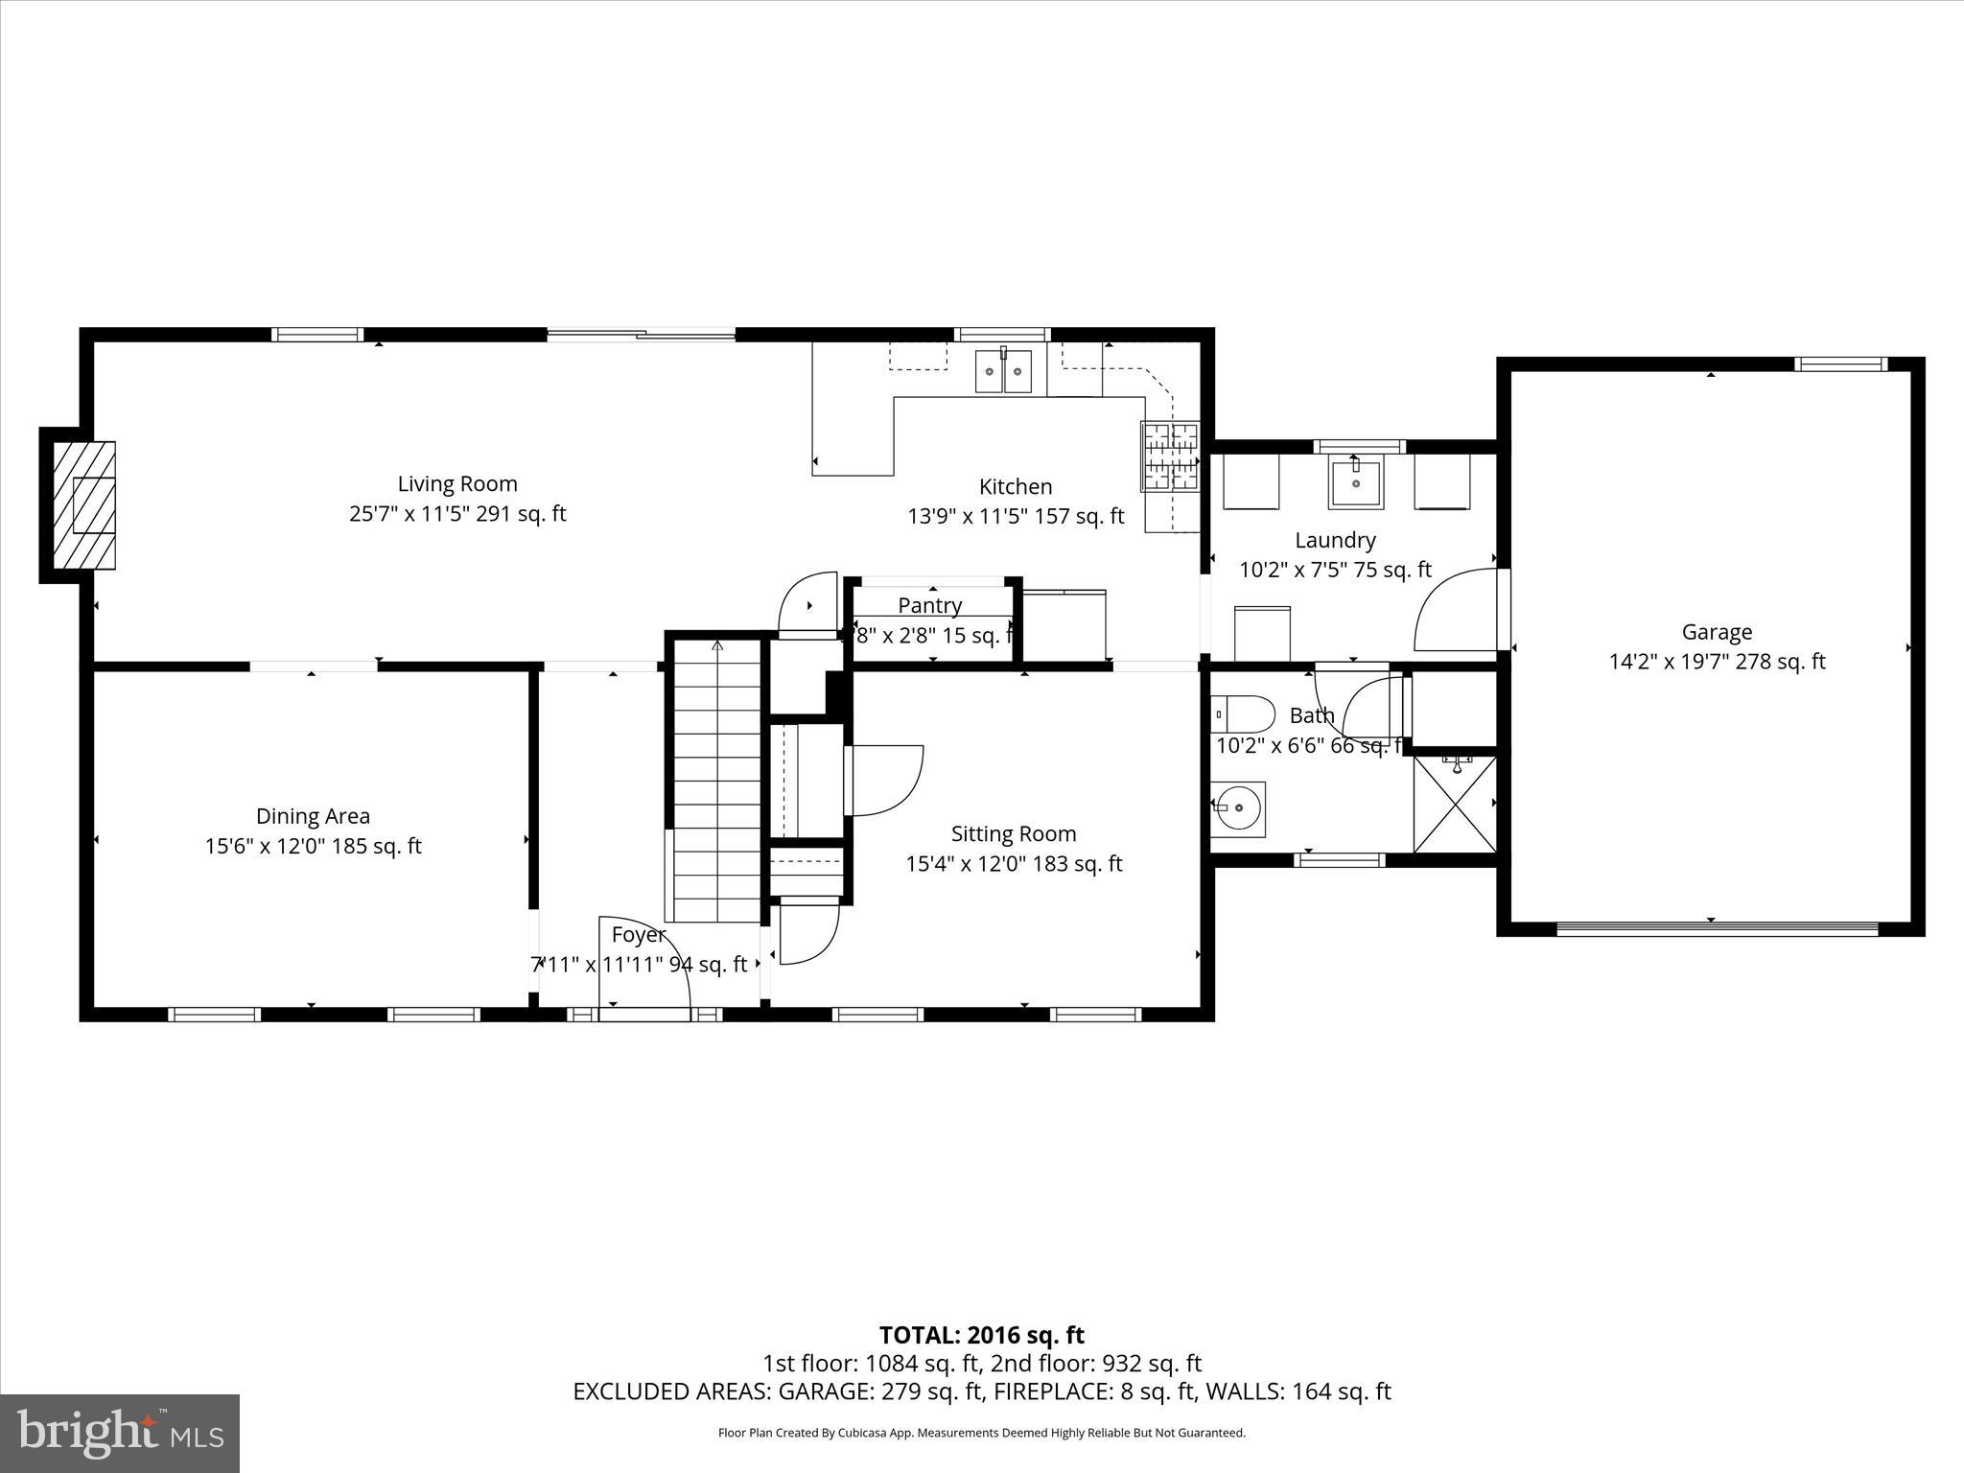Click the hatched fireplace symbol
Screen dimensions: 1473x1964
pos(84,504)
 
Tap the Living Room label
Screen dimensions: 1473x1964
pos(457,484)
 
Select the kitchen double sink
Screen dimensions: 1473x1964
pos(1003,371)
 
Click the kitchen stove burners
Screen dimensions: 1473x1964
pos(1169,456)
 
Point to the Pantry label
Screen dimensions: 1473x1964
pos(929,606)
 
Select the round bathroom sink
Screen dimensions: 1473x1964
pos(1237,808)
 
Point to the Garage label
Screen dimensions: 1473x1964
pos(1717,632)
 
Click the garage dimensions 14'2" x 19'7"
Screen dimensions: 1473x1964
pos(1717,662)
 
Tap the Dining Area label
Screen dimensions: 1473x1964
pos(313,816)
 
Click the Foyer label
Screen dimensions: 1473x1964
pos(638,935)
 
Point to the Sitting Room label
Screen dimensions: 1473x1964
pos(1014,834)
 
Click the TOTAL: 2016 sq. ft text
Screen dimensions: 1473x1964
pos(981,1335)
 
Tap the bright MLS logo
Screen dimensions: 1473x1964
pos(120,1433)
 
